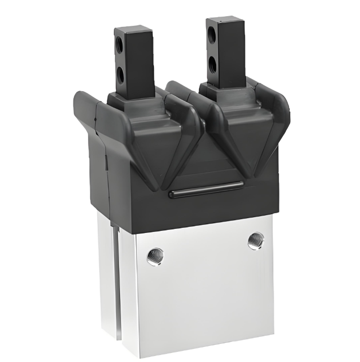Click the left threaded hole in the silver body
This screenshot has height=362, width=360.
point(154,257)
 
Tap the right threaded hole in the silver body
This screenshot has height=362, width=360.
point(256,240)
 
